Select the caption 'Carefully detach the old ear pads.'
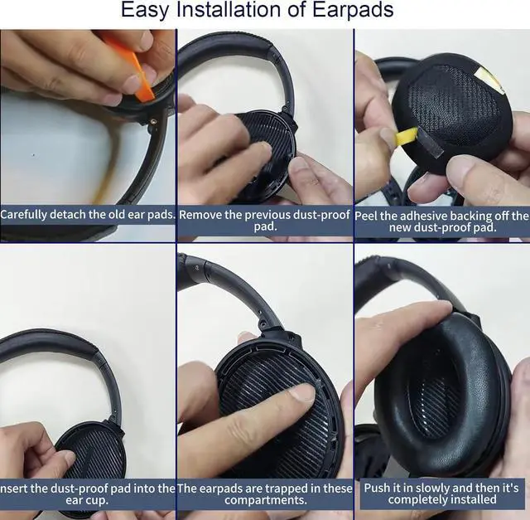click(88, 215)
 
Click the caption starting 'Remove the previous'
click(265, 220)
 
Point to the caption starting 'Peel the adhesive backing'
click(442, 221)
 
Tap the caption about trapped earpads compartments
click(265, 493)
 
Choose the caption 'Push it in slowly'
click(442, 493)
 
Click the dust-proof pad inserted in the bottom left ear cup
click(91, 452)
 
